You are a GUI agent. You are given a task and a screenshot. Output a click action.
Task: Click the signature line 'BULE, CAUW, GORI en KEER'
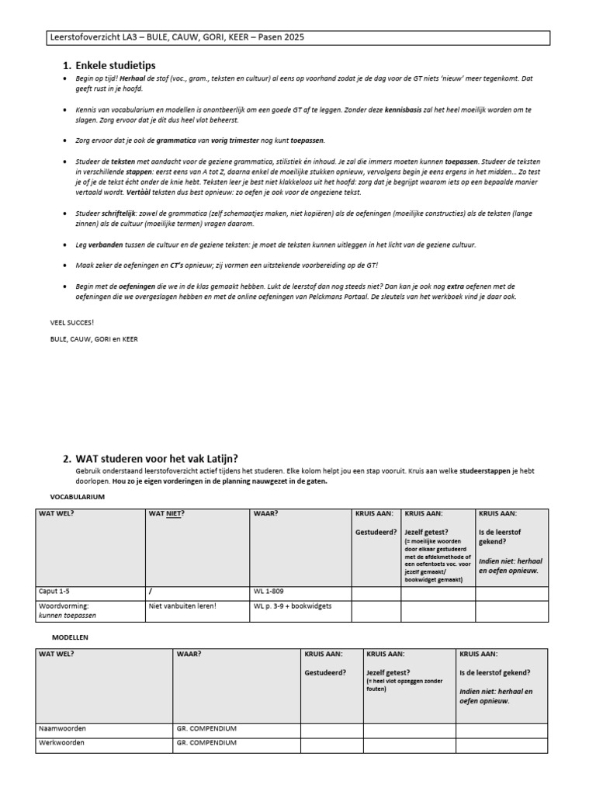coord(93,339)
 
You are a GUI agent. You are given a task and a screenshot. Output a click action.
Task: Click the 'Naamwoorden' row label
coord(62,729)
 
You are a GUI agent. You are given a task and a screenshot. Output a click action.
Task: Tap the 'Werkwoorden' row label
coord(62,743)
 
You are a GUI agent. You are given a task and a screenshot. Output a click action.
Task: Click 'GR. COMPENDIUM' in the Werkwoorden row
coord(206,743)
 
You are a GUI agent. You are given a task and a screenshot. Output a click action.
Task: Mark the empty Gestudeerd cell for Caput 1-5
coord(376,593)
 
